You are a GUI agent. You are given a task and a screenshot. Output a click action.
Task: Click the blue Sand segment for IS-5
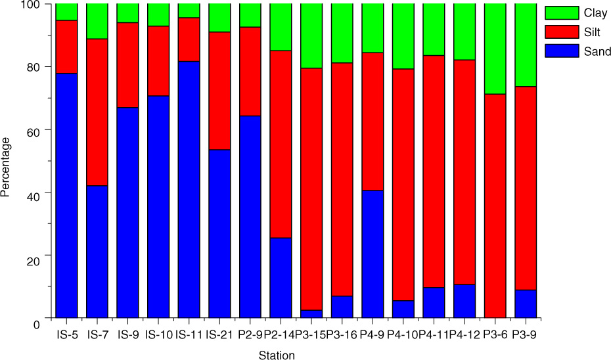pyautogui.click(x=66, y=195)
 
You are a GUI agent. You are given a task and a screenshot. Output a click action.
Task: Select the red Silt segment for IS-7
pyautogui.click(x=97, y=112)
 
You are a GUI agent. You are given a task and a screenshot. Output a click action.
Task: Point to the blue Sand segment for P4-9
pyautogui.click(x=372, y=254)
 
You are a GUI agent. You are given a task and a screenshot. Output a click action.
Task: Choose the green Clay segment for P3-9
pyautogui.click(x=525, y=45)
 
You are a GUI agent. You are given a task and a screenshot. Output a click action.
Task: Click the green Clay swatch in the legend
pyautogui.click(x=559, y=12)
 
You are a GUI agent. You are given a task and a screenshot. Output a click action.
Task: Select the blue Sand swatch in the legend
pyautogui.click(x=559, y=51)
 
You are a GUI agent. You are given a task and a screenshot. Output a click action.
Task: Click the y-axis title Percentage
pyautogui.click(x=7, y=167)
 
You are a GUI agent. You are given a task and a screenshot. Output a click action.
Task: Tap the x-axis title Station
pyautogui.click(x=276, y=355)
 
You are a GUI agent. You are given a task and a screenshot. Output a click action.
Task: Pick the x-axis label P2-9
pyautogui.click(x=250, y=334)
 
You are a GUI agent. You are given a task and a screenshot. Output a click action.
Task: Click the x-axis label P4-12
pyautogui.click(x=464, y=334)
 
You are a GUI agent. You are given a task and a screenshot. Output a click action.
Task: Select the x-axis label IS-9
pyautogui.click(x=127, y=334)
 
